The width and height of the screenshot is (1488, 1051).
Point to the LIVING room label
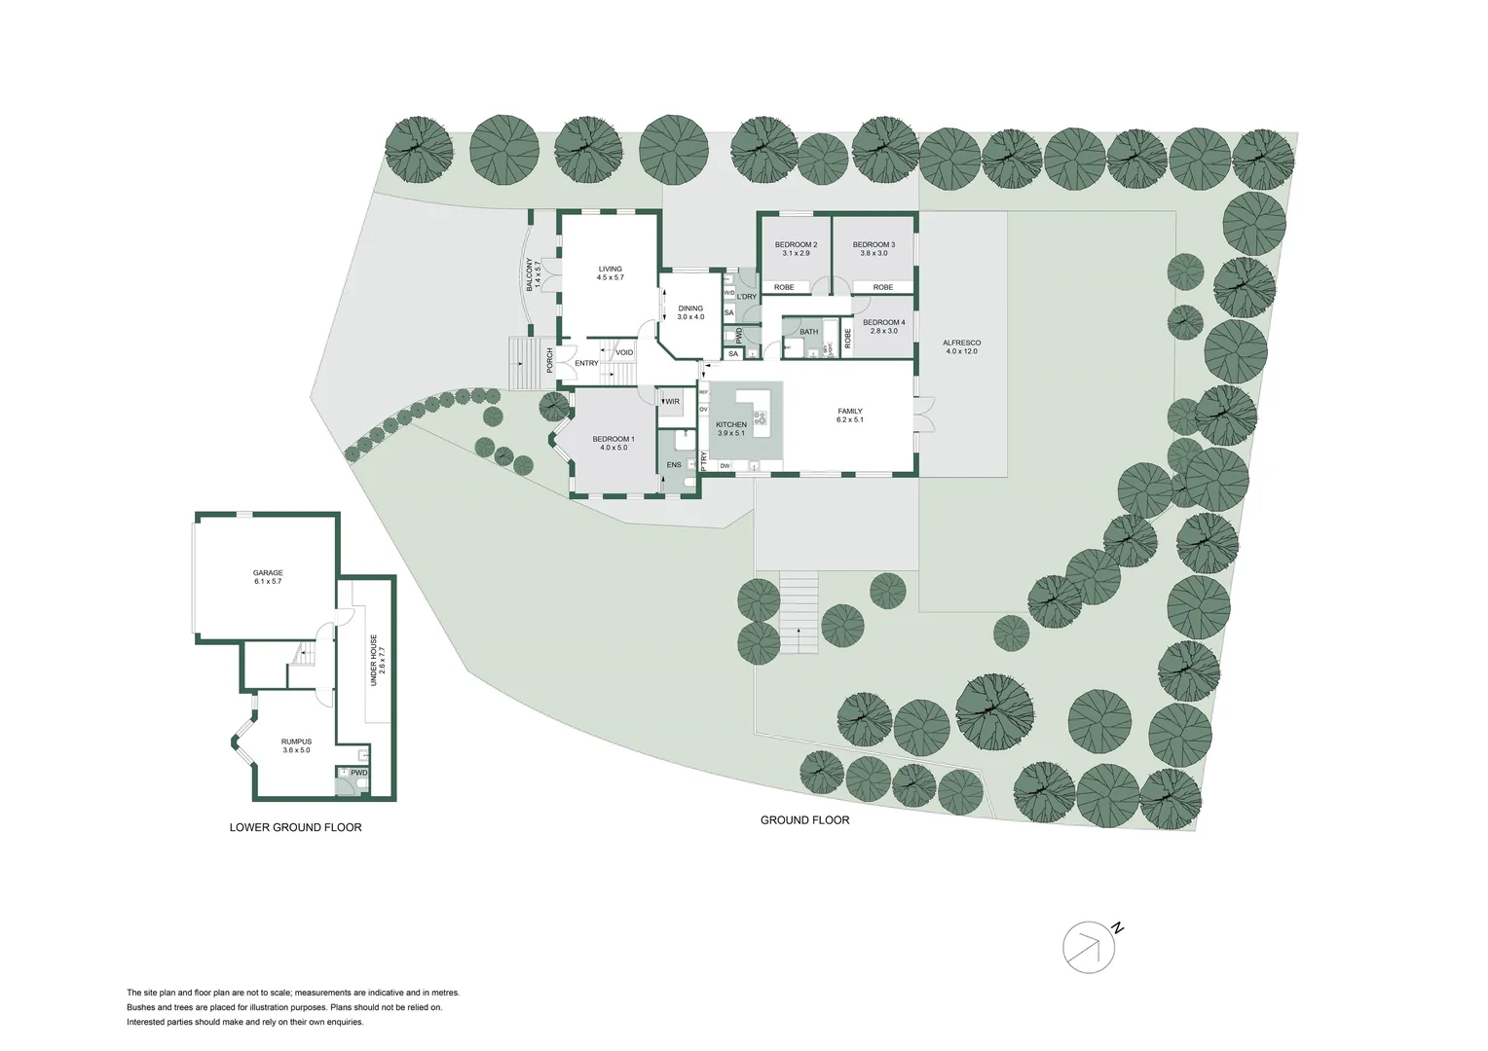tap(610, 270)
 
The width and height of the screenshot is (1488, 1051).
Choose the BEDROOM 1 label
tap(614, 440)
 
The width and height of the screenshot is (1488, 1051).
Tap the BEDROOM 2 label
tap(796, 244)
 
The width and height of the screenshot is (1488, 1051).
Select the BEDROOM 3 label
tap(874, 244)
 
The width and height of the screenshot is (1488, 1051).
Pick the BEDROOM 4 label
tap(884, 323)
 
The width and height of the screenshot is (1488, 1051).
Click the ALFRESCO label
tap(962, 344)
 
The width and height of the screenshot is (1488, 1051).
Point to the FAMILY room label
tap(849, 412)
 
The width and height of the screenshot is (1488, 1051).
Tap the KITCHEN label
tap(731, 425)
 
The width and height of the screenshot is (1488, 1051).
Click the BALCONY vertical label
tap(531, 275)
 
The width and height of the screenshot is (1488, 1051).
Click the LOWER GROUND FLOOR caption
tap(295, 828)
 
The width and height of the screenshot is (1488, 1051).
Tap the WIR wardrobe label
tap(672, 401)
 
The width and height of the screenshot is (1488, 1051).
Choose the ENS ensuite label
tap(674, 465)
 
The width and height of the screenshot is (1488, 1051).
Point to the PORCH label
tap(550, 361)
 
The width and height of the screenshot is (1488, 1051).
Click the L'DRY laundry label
tap(747, 296)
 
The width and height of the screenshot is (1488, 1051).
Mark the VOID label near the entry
tap(624, 352)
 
